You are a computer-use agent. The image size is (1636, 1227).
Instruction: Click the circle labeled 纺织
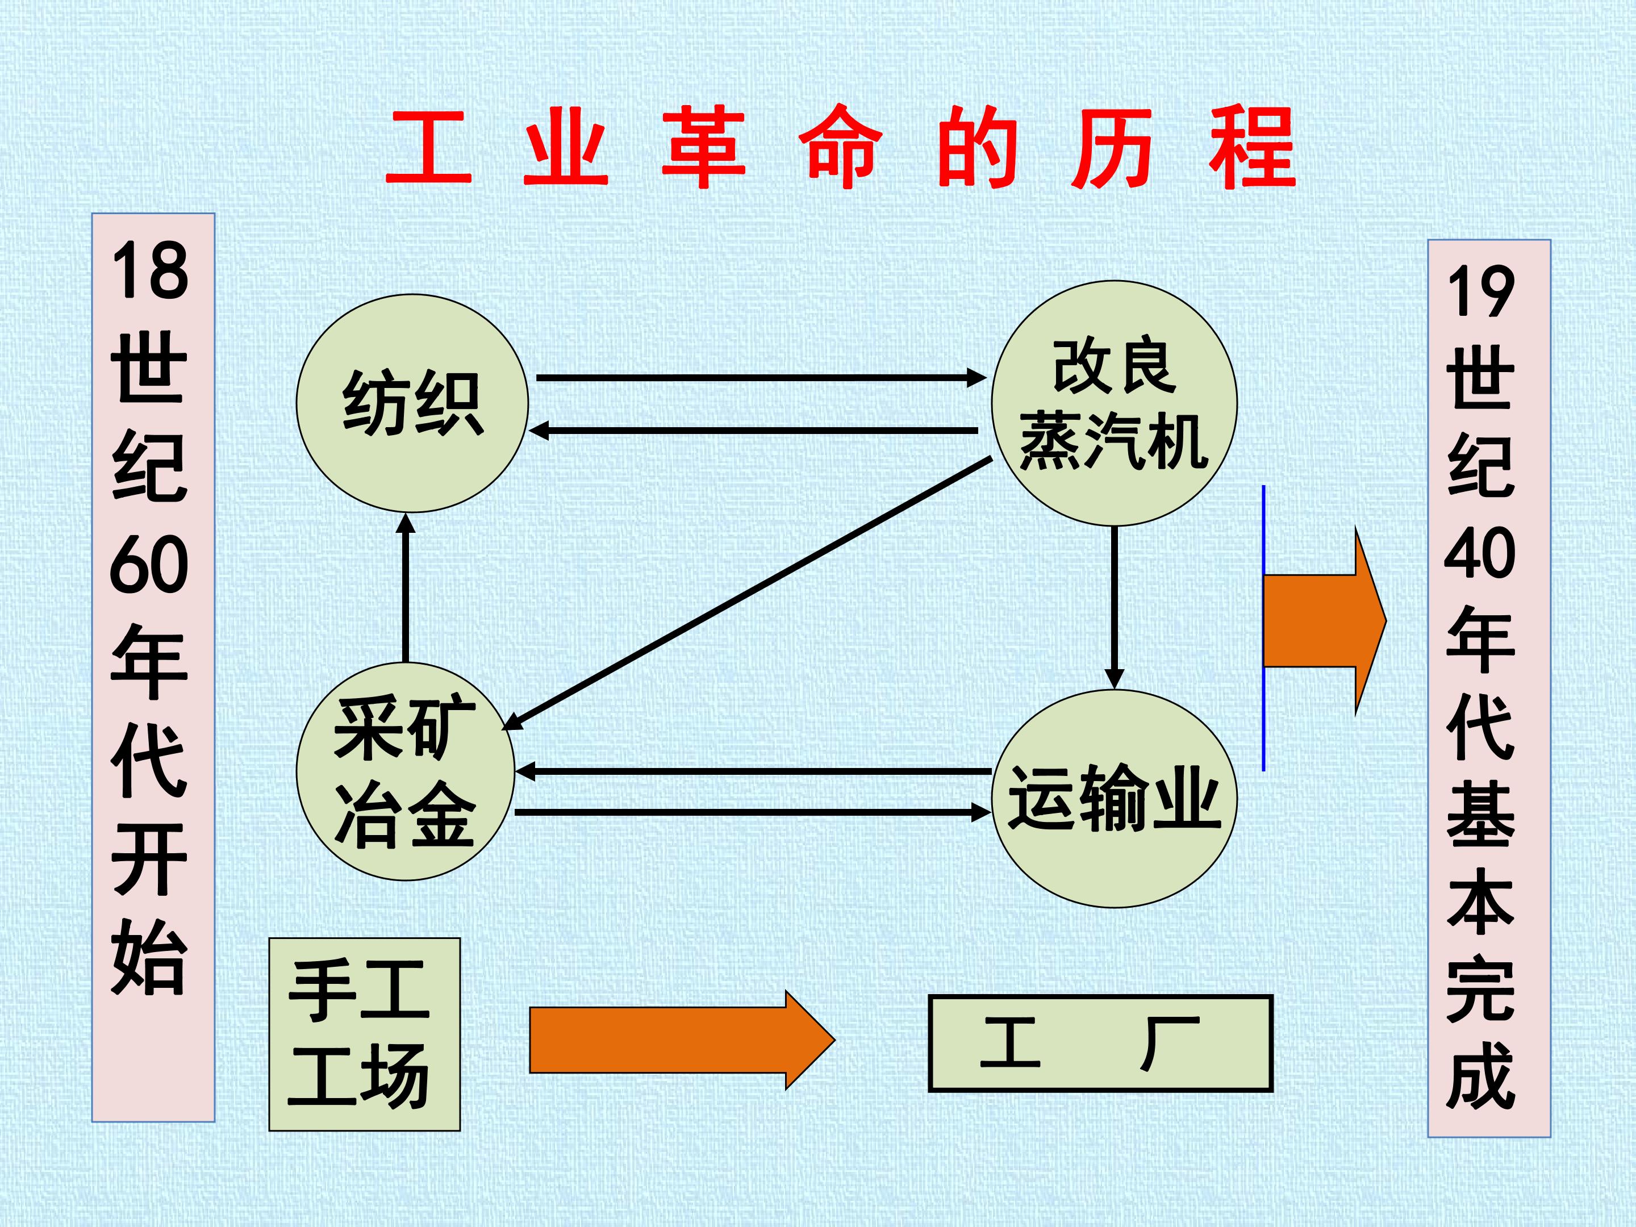[412, 403]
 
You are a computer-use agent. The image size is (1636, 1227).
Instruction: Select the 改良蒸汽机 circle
[1114, 404]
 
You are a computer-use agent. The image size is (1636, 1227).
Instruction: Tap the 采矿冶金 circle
[405, 771]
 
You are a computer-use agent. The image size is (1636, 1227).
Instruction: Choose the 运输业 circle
[1114, 799]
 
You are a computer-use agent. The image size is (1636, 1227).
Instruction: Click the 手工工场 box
[364, 1034]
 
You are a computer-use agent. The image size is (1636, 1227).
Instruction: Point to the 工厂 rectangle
[1100, 1043]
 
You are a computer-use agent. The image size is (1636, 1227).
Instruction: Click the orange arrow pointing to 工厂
[682, 1040]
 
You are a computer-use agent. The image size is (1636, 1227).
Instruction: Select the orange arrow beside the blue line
[1324, 621]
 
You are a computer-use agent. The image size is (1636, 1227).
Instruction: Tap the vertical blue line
[1263, 628]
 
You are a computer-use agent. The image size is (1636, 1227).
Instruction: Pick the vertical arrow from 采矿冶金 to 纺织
[405, 587]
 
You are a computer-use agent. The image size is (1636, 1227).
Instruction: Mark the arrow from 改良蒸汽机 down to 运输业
[1114, 607]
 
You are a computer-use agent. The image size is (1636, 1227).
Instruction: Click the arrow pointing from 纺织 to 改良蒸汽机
[761, 378]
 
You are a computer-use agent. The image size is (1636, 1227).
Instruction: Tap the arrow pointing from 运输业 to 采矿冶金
[753, 771]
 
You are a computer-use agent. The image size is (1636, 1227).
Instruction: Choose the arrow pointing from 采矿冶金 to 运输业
[753, 812]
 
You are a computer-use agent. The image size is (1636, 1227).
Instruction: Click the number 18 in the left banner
[150, 272]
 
